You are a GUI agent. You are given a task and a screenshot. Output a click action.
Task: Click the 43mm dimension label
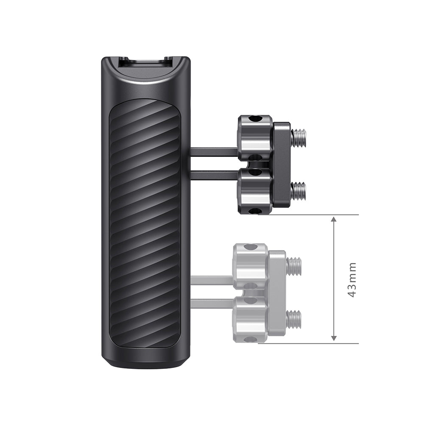pos(351,279)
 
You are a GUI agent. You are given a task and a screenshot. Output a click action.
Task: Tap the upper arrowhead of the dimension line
pos(334,220)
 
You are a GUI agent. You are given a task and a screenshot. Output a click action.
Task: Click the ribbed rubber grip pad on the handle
pos(144,220)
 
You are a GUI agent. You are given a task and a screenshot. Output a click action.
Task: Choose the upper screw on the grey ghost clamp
pos(294,266)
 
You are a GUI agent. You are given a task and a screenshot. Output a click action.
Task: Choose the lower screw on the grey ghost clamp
pos(294,318)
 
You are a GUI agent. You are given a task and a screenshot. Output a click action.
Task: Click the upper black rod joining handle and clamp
pos(214,151)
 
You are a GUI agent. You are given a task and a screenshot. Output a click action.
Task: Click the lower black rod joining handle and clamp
pos(214,175)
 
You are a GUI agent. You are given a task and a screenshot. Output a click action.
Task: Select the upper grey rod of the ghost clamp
pos(212,280)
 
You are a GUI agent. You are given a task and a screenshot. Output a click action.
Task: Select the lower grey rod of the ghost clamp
pos(212,304)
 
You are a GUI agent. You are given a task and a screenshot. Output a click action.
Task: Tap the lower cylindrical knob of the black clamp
pos(255,191)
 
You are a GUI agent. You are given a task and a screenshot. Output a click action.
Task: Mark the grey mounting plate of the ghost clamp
pos(277,293)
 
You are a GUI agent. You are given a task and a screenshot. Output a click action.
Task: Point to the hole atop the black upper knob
pos(254,119)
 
